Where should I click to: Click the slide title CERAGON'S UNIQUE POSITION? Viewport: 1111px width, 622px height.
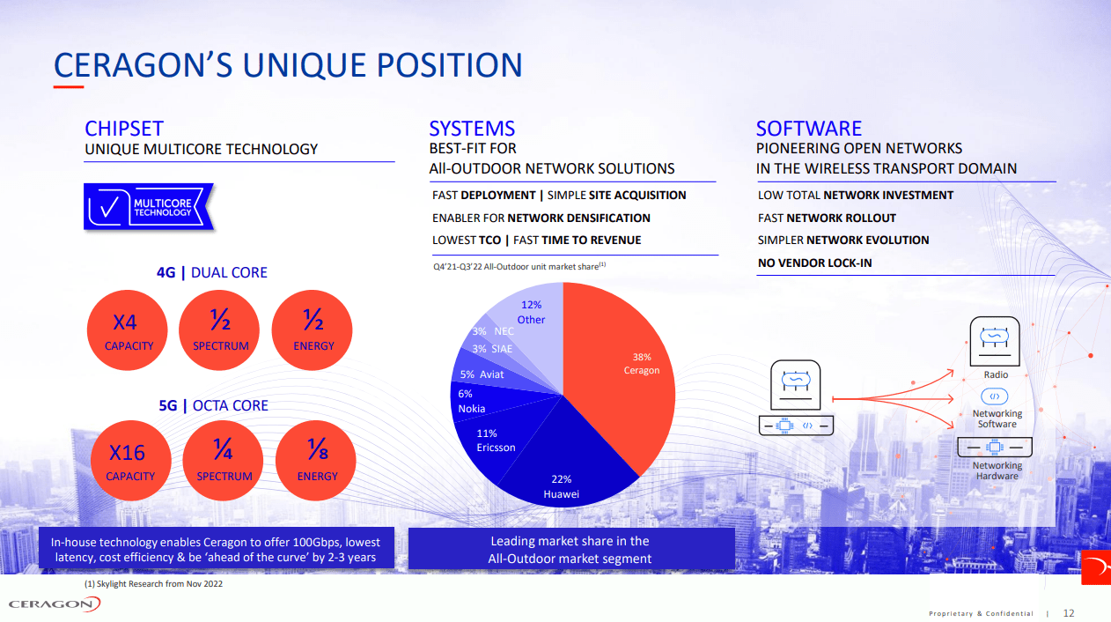[288, 65]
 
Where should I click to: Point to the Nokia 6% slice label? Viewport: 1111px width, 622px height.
[472, 402]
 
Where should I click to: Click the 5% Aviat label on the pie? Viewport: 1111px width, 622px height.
[482, 374]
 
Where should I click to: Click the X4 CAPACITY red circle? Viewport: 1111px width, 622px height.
[129, 331]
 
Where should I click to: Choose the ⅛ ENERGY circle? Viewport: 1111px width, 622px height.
[316, 462]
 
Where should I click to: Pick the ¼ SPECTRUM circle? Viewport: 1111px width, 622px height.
[223, 462]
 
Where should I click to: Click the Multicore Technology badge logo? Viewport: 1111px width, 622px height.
[148, 208]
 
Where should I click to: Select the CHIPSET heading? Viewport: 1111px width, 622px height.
[124, 129]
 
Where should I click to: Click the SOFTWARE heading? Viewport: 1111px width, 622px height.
[808, 129]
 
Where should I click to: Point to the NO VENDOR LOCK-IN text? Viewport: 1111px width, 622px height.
[814, 263]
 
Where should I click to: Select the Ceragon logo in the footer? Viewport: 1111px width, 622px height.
[55, 603]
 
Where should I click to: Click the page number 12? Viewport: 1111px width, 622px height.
[1069, 613]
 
